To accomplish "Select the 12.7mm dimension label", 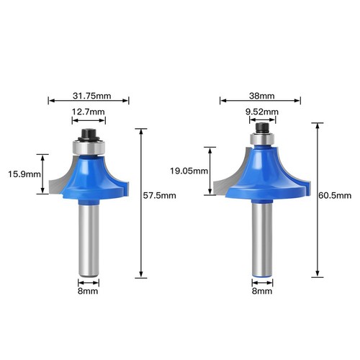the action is [89, 112].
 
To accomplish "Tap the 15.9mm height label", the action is [24, 174].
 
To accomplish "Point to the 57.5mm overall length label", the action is [159, 196].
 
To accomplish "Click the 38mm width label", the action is [261, 96].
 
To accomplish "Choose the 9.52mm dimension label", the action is [262, 112].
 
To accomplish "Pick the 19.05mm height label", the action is [189, 171].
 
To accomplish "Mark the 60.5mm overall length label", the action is [335, 196].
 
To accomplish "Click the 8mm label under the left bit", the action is [88, 291].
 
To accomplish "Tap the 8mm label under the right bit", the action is [262, 291].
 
